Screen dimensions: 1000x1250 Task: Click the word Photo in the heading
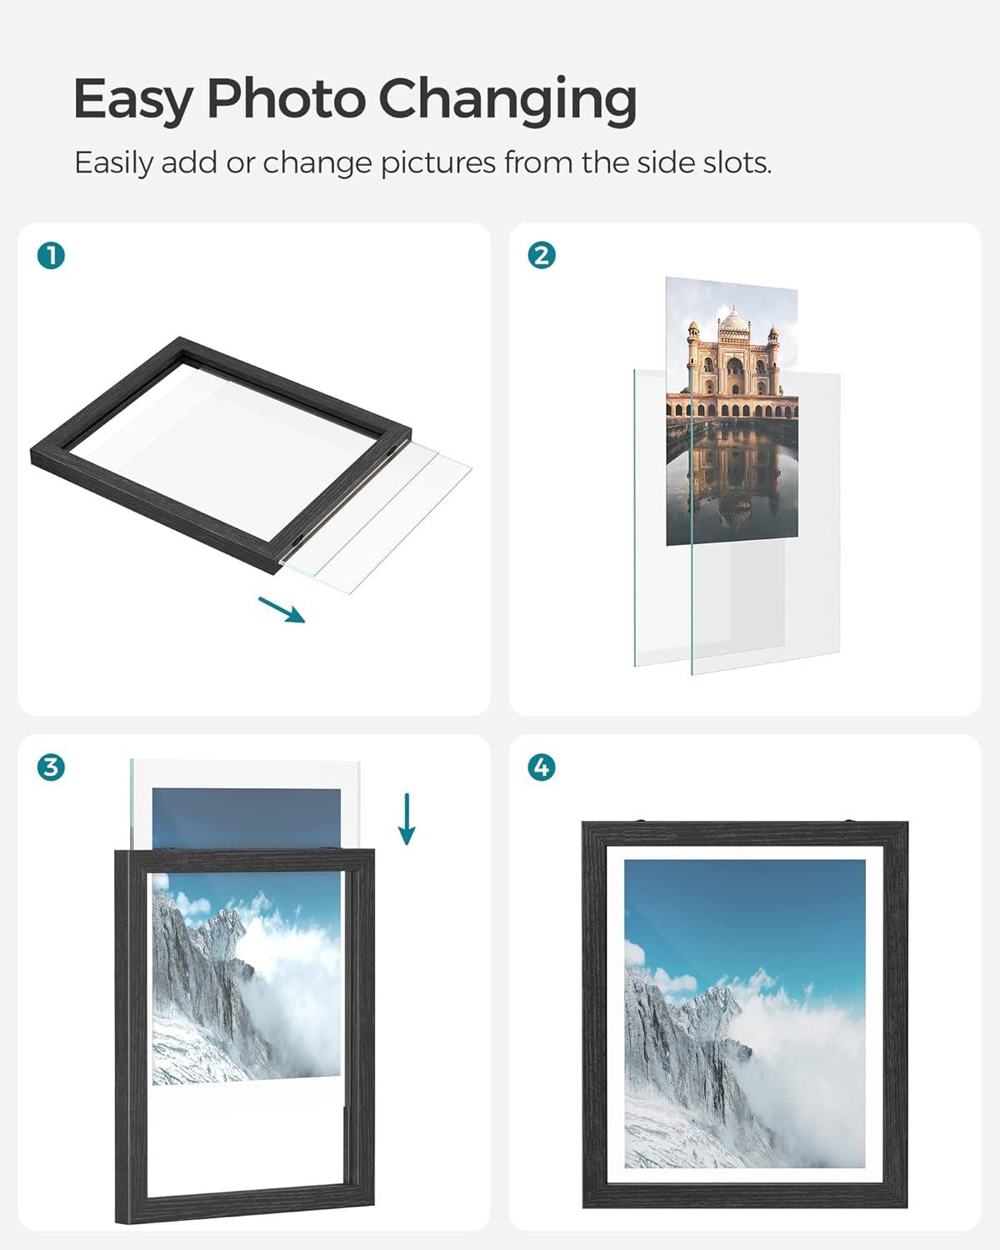(285, 97)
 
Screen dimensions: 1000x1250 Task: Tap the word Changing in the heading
(507, 100)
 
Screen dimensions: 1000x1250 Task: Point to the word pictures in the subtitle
(438, 164)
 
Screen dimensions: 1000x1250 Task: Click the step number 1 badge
(51, 256)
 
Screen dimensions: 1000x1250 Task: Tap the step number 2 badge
(542, 256)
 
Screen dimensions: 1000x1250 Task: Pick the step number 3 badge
(51, 767)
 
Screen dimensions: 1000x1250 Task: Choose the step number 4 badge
(542, 767)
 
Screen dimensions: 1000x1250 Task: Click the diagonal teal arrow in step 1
(282, 609)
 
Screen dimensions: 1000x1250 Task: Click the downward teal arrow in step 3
(407, 818)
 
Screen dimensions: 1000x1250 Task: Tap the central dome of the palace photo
(734, 319)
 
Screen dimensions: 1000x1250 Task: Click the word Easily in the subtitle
(114, 164)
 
